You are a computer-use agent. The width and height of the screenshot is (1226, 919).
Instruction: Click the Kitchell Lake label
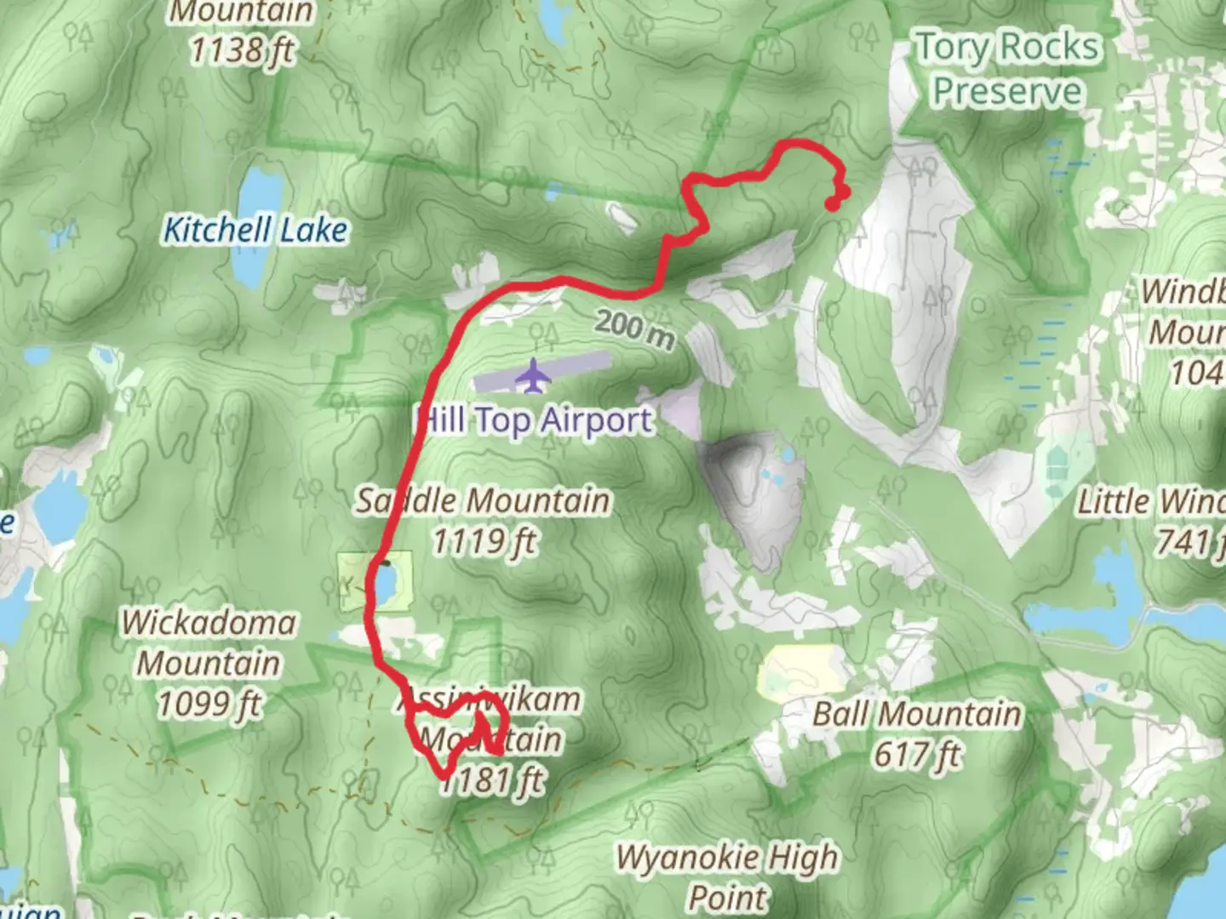tap(255, 230)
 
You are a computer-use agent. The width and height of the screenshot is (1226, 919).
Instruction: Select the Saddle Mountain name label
tap(483, 500)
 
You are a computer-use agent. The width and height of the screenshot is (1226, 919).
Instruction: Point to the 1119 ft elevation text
tap(484, 541)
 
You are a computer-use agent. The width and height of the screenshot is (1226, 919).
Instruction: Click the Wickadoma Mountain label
tap(209, 642)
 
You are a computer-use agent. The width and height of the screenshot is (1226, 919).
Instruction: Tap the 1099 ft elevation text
tap(209, 704)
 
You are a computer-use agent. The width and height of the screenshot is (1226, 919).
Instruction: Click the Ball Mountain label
tap(916, 714)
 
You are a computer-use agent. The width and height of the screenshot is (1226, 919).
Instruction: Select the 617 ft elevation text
tap(917, 754)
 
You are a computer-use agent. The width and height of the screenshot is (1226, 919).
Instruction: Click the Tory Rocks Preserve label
tap(1007, 68)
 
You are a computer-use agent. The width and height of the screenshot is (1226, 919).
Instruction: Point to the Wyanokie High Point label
tap(727, 876)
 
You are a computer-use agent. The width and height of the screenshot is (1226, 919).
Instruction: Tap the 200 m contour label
tap(635, 328)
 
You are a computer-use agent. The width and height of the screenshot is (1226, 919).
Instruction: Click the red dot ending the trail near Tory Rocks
tap(833, 203)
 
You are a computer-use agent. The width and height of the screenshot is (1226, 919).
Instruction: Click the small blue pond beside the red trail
tap(386, 583)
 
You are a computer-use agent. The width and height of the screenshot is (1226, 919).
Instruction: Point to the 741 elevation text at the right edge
tap(1188, 542)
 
